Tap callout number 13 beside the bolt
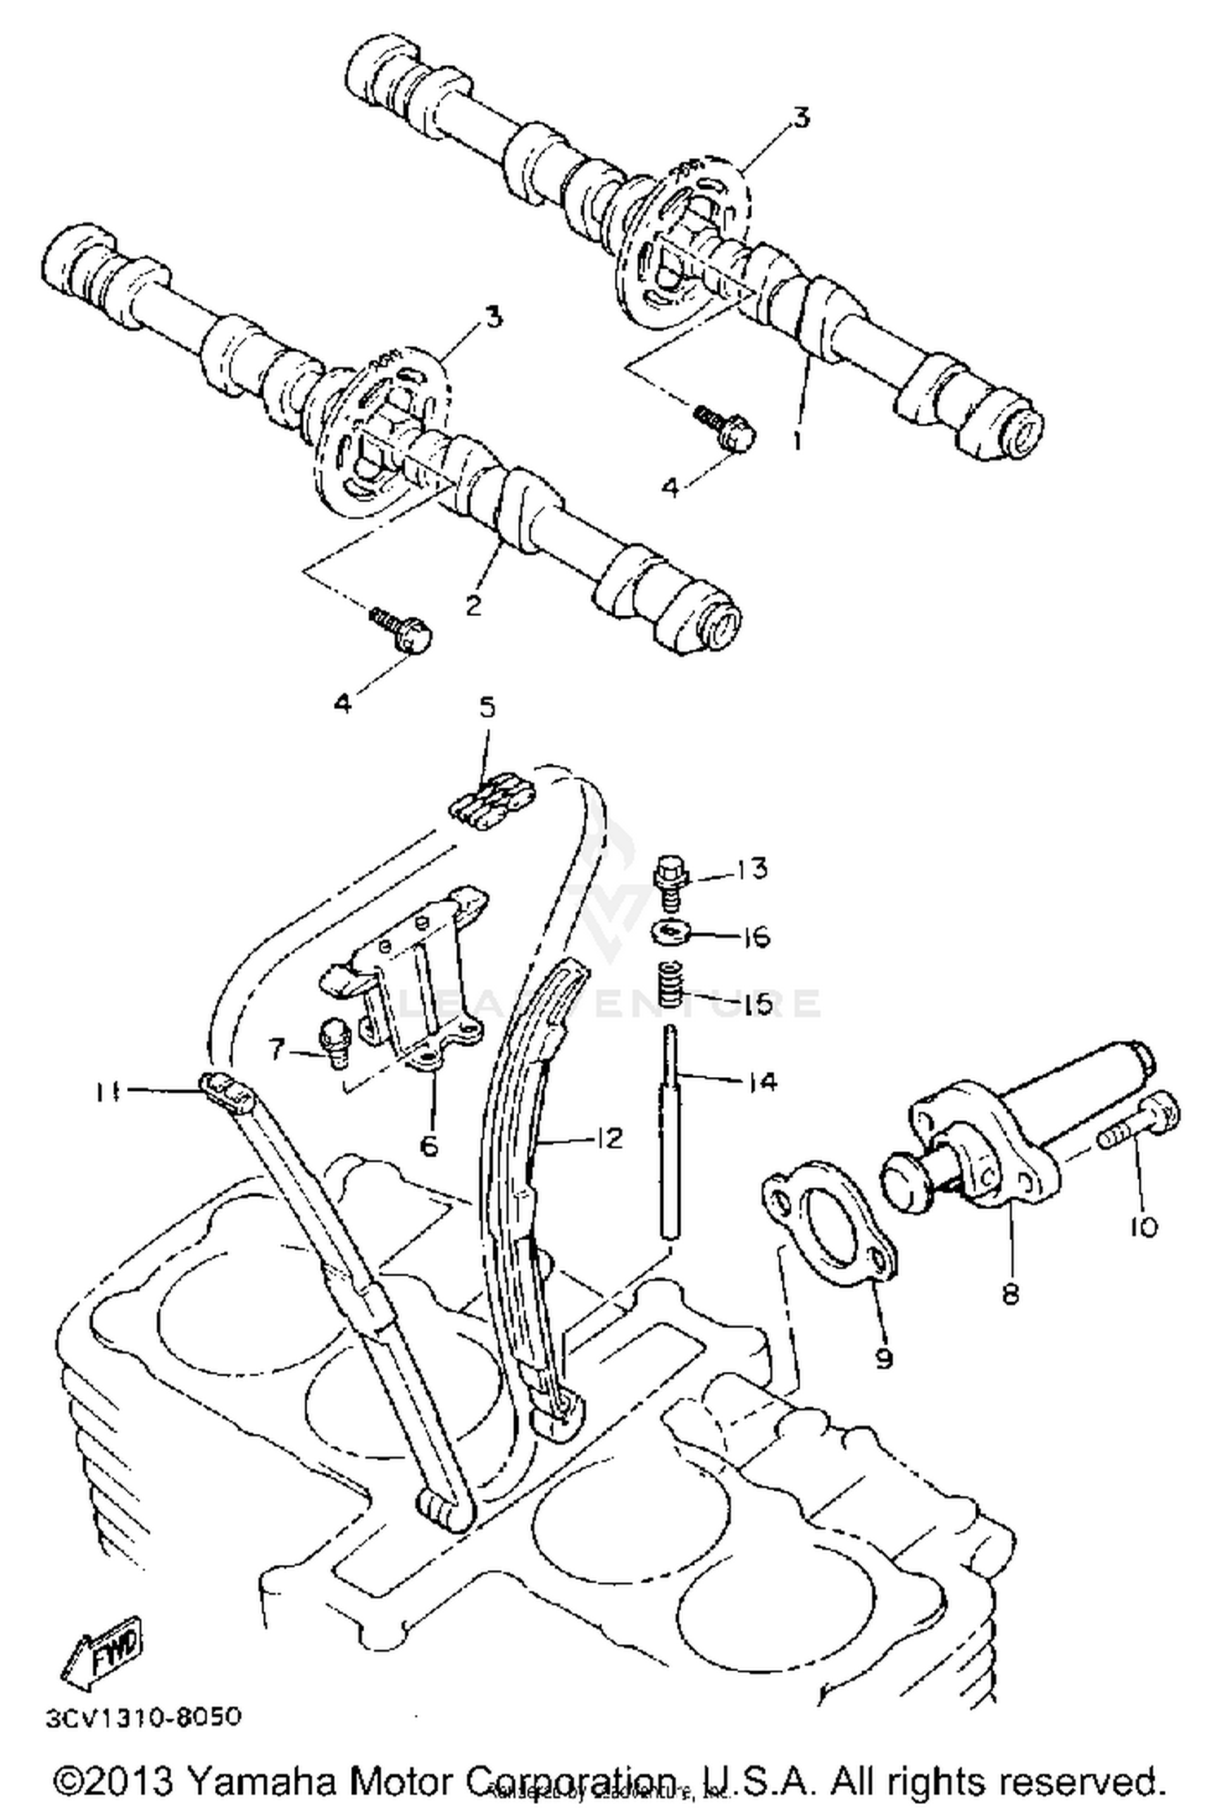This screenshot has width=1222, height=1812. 753,869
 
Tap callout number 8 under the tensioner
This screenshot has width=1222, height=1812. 1010,1294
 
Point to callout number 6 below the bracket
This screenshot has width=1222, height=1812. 429,1145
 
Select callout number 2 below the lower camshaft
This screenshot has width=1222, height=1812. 473,605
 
